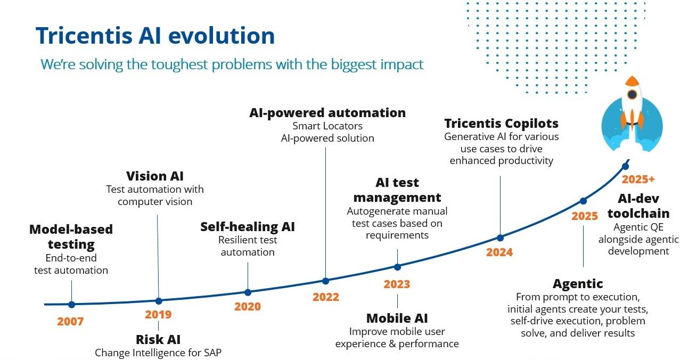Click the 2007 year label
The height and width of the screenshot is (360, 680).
click(70, 322)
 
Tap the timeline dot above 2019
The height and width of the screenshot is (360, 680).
click(159, 301)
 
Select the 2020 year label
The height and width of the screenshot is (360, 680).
click(248, 307)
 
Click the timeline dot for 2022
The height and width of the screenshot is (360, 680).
click(325, 281)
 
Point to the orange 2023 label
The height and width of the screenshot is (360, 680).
click(397, 284)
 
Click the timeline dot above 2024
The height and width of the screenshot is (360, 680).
click(500, 238)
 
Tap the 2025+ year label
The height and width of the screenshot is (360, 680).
click(638, 179)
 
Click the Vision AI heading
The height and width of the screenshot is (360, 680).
click(155, 176)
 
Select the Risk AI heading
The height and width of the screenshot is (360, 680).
click(158, 340)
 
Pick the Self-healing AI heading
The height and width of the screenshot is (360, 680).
click(248, 227)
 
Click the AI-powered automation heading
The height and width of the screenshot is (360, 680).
click(327, 113)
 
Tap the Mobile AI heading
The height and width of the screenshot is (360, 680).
click(397, 318)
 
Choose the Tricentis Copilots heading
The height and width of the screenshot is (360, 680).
click(501, 124)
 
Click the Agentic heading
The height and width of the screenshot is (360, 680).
click(578, 284)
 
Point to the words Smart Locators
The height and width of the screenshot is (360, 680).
click(327, 126)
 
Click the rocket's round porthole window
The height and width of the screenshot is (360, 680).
click(632, 94)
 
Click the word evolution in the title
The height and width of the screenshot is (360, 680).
click(222, 36)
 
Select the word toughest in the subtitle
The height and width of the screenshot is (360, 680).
click(179, 64)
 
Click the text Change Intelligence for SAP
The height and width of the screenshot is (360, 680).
click(158, 353)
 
